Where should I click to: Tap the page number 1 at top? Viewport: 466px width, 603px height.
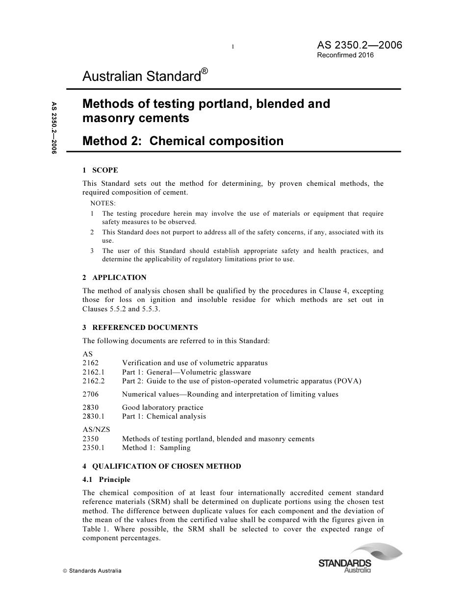click(x=233, y=47)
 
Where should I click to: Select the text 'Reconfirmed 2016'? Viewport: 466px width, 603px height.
click(x=345, y=55)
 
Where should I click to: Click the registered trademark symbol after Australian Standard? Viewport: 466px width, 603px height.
click(x=205, y=72)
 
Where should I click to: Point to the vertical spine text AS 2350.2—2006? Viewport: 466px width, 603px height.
click(x=54, y=128)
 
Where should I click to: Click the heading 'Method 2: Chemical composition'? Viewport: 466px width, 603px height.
click(x=183, y=141)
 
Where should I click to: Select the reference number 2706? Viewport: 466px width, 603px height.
click(x=91, y=394)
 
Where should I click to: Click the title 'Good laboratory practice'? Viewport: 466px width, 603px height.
click(x=162, y=407)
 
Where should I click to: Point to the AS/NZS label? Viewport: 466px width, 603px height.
click(x=96, y=429)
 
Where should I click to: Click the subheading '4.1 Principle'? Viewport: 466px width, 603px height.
click(x=106, y=479)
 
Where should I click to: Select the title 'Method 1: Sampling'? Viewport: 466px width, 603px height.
click(x=156, y=448)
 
